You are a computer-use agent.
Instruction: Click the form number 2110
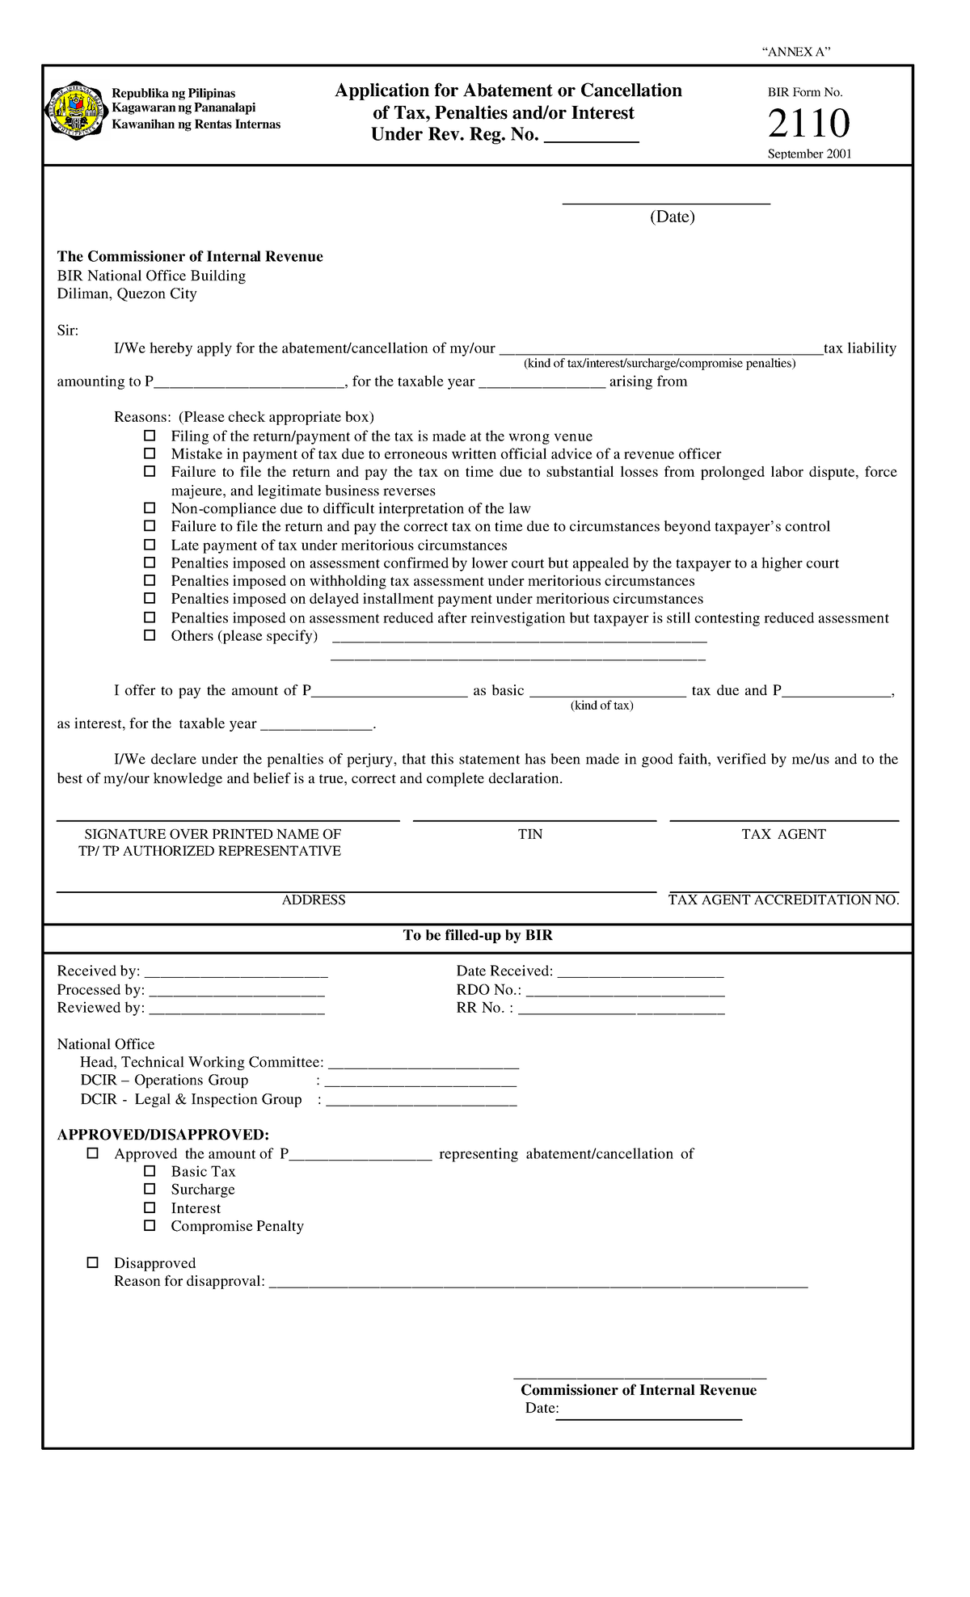(x=808, y=124)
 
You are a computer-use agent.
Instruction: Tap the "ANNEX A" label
(x=796, y=53)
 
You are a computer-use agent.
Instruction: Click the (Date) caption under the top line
(x=672, y=217)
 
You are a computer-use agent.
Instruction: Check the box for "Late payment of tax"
(x=150, y=545)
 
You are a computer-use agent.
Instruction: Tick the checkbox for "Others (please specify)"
(x=150, y=635)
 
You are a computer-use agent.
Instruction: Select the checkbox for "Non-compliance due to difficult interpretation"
(x=150, y=508)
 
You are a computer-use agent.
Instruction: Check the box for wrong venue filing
(x=150, y=436)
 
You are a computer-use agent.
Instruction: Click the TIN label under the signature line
(x=530, y=834)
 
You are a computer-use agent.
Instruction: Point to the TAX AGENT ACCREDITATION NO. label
(x=783, y=900)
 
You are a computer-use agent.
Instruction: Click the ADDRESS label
(x=314, y=900)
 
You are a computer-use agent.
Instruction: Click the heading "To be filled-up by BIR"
(x=478, y=935)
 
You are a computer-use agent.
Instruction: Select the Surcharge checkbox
(x=150, y=1189)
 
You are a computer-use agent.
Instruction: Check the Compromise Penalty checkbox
(x=150, y=1225)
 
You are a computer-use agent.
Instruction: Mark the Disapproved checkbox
(x=93, y=1262)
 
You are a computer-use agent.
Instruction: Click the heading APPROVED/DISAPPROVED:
(x=162, y=1135)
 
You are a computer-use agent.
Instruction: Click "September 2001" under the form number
(x=809, y=154)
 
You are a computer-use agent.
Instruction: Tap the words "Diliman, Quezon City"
(x=127, y=293)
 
